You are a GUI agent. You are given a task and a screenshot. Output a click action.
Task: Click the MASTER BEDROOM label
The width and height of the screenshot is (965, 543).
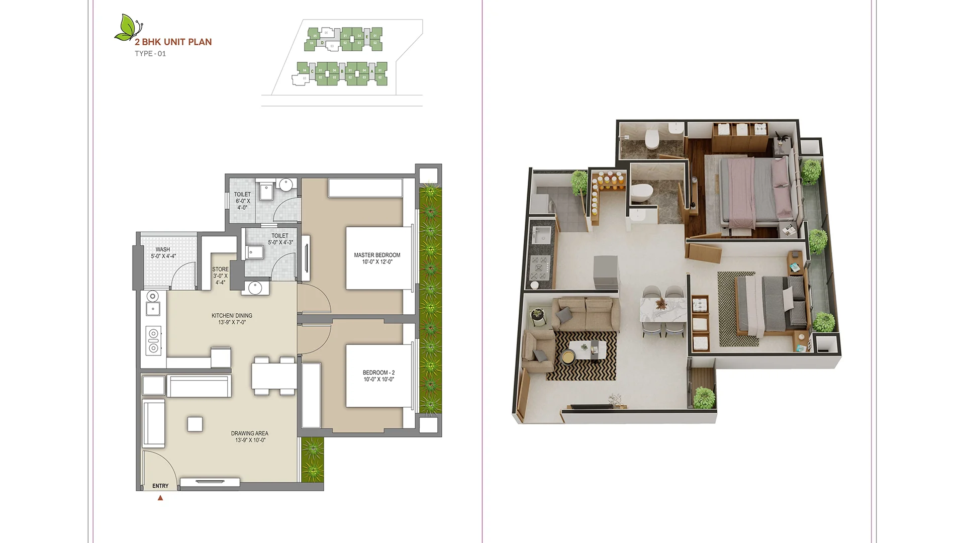tap(377, 258)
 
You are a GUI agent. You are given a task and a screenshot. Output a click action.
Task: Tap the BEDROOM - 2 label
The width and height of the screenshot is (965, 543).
tap(378, 376)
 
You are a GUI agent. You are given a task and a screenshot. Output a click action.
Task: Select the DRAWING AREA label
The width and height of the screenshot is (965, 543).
tap(250, 436)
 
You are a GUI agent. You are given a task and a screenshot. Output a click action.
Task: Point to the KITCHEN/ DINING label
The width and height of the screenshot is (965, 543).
tap(232, 319)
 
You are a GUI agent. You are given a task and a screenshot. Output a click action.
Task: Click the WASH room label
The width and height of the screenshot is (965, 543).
tap(163, 252)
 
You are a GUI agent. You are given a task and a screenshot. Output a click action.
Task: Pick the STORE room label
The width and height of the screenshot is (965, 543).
tap(220, 276)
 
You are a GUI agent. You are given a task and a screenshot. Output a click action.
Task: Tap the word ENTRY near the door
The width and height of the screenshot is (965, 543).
tap(160, 486)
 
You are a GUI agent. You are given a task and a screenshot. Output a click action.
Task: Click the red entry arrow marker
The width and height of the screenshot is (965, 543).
tap(160, 498)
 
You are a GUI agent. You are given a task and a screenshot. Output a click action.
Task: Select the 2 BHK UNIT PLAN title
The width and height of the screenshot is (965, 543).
tap(173, 42)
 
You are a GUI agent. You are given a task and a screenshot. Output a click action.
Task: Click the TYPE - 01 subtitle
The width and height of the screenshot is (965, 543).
tap(150, 54)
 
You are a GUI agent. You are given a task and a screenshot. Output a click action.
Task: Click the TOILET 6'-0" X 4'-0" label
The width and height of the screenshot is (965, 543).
tap(242, 201)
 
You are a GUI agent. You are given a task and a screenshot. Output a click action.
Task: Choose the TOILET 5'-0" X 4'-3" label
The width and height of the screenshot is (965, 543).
tap(280, 239)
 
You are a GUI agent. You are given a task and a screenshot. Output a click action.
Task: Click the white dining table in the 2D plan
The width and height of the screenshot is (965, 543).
tap(274, 375)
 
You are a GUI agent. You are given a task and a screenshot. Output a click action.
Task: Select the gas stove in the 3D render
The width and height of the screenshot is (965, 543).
tap(540, 267)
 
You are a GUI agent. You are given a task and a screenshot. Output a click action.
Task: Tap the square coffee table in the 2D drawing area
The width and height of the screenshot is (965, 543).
tap(195, 424)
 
